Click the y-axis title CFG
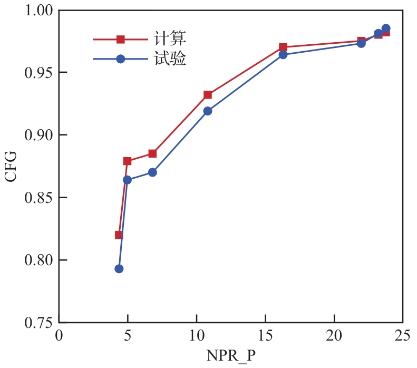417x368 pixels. click(11, 167)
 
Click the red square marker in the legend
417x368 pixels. click(120, 39)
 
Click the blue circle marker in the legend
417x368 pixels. click(120, 59)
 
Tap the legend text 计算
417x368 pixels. click(170, 38)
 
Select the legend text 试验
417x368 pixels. click(170, 59)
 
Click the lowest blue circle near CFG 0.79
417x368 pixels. click(119, 268)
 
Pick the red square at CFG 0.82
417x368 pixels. click(119, 235)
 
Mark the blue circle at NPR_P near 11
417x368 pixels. click(208, 111)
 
